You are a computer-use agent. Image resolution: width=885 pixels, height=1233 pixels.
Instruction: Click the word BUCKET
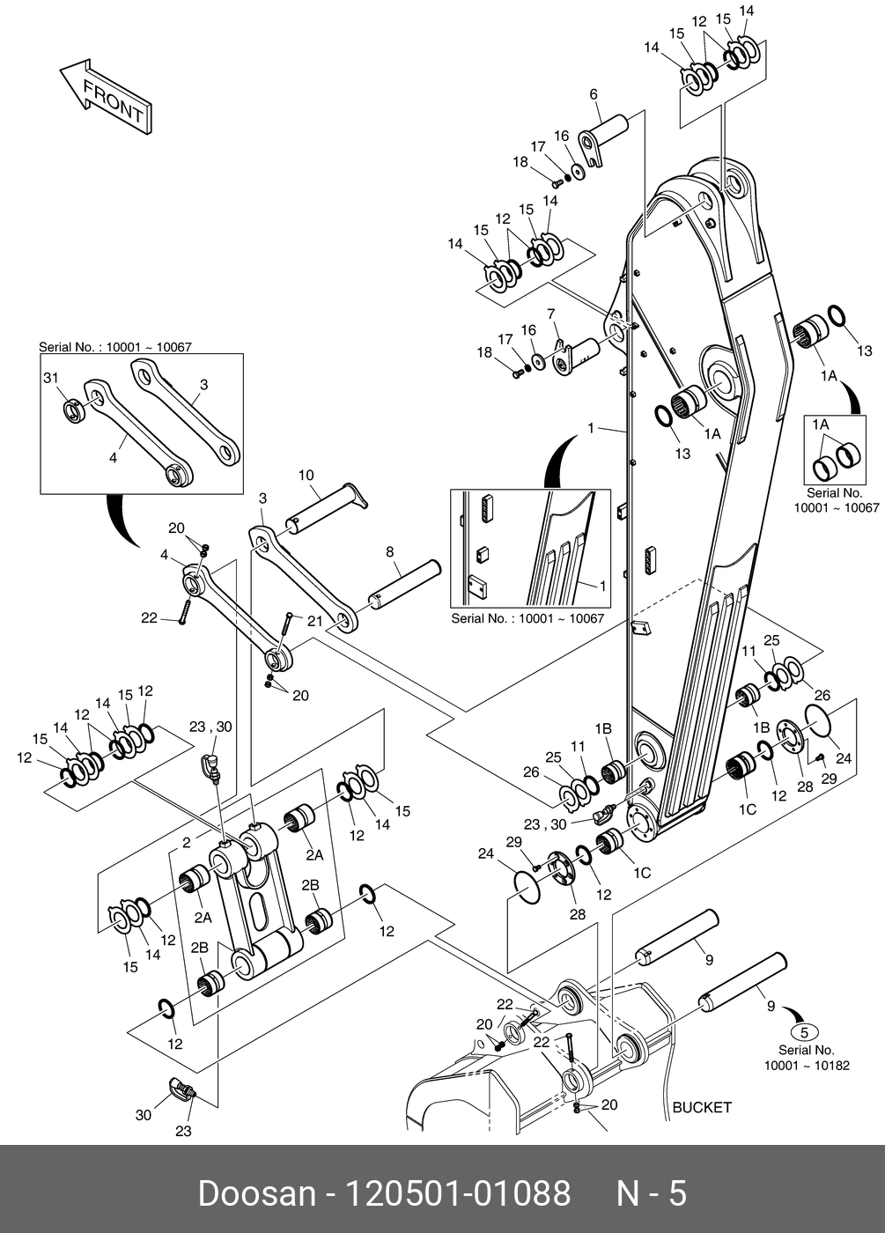click(x=701, y=1107)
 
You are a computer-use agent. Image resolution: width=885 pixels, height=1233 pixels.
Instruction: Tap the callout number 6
click(x=593, y=95)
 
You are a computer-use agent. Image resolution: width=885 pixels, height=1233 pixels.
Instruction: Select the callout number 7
click(x=550, y=314)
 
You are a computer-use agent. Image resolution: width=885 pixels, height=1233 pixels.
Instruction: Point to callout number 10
click(x=306, y=476)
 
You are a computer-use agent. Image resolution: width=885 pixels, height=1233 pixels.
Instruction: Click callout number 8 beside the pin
click(x=388, y=552)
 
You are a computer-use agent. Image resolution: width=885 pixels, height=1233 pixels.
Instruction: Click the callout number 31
click(x=50, y=378)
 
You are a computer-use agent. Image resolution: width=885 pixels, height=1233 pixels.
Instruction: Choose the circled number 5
click(x=806, y=1031)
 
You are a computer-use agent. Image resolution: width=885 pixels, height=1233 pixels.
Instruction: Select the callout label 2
click(x=187, y=843)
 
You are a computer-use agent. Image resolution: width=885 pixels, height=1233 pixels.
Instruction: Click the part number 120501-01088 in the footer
click(x=456, y=1193)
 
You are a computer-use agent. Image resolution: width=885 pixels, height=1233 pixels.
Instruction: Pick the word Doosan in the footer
click(x=256, y=1193)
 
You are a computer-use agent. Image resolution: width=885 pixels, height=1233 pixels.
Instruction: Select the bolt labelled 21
click(x=284, y=626)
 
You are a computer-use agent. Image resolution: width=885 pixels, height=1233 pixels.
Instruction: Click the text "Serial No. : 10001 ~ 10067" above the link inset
click(x=114, y=347)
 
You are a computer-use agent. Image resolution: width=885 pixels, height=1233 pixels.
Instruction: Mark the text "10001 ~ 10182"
click(x=806, y=1066)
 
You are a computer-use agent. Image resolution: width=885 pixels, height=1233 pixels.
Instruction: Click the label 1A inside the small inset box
click(x=821, y=425)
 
